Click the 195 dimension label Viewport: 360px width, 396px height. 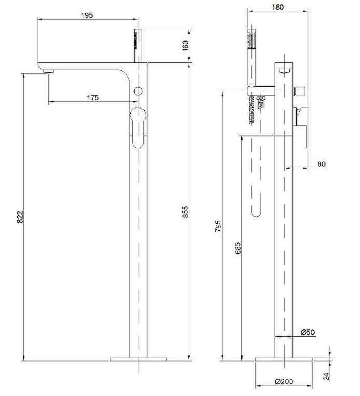(x=87, y=15)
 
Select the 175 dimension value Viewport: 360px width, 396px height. (x=93, y=97)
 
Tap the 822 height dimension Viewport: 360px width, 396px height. (x=20, y=217)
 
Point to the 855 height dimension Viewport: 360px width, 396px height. (x=186, y=211)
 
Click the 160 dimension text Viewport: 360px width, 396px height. (x=185, y=46)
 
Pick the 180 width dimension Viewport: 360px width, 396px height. (x=278, y=7)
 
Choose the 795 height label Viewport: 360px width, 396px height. (x=218, y=226)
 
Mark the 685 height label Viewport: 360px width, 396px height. (x=238, y=248)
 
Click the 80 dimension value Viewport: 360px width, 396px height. (x=321, y=164)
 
